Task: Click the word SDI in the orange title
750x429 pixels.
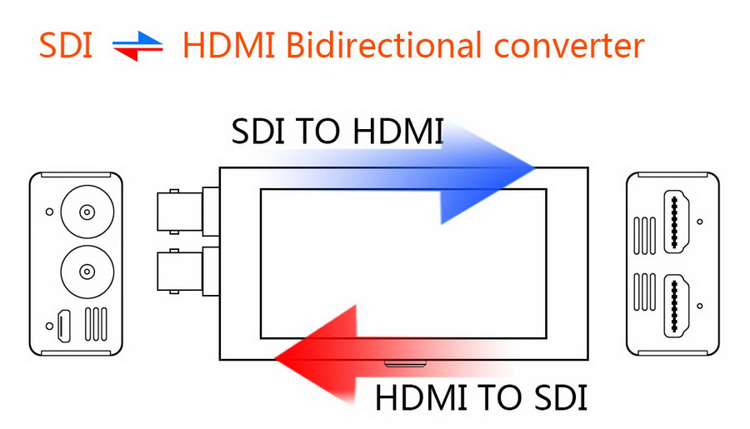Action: point(66,46)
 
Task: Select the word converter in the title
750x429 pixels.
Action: point(568,47)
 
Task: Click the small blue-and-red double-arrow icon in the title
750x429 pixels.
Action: point(137,47)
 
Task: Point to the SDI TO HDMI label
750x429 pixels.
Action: point(337,131)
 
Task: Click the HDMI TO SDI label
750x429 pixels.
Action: point(481,397)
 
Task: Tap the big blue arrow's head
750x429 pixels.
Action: point(487,172)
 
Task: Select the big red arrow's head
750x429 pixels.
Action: point(316,354)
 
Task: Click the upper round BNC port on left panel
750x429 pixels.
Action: point(87,212)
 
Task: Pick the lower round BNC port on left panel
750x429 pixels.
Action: point(87,272)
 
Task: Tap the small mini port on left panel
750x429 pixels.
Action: point(63,327)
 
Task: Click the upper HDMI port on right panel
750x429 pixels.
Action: point(676,222)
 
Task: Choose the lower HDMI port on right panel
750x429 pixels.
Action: point(676,306)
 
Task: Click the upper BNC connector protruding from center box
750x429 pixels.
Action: point(188,212)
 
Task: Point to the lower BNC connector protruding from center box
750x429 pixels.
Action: point(188,272)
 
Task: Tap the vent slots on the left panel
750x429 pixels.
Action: point(96,324)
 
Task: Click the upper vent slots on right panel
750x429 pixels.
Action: point(644,236)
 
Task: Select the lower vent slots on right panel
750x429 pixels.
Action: point(644,292)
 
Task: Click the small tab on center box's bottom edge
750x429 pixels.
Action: point(405,364)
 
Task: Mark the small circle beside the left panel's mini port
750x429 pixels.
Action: point(49,327)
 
